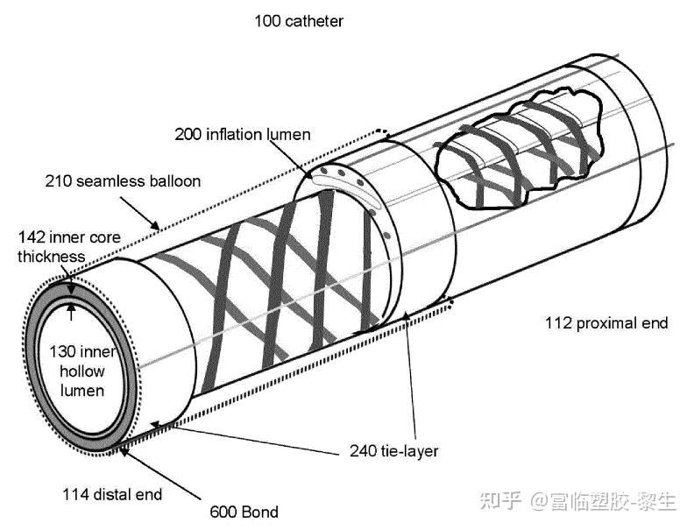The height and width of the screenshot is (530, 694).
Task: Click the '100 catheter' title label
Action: point(298,20)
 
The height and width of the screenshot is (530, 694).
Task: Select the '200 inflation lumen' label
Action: point(243,134)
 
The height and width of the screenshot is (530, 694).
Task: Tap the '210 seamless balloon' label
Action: point(123,181)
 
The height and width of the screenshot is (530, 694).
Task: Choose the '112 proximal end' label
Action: point(605,323)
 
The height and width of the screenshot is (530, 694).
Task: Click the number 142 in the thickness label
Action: point(32,237)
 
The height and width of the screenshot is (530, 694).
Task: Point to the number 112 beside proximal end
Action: point(558,323)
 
